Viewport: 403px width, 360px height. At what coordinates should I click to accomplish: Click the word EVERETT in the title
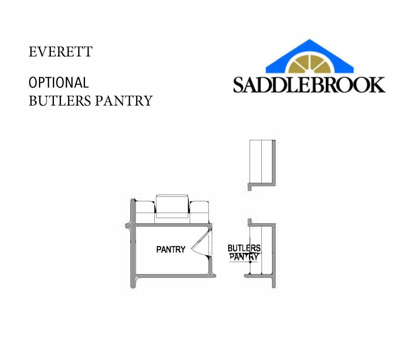(x=60, y=52)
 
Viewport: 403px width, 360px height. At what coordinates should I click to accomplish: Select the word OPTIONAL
(x=59, y=83)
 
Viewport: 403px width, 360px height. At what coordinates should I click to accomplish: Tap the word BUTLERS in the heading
(x=60, y=100)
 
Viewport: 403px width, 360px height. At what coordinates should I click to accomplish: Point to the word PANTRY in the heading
(x=124, y=100)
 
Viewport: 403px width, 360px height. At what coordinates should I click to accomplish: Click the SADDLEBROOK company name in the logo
(x=309, y=85)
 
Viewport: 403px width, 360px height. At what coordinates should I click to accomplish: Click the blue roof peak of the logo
(x=310, y=56)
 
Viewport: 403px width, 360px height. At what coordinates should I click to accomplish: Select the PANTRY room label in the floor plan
(x=171, y=249)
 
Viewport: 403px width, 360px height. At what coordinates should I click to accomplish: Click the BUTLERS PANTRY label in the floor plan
(x=244, y=252)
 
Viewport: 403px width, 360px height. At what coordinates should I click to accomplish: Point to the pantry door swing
(x=202, y=243)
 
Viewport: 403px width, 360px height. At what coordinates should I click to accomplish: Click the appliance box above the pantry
(x=172, y=206)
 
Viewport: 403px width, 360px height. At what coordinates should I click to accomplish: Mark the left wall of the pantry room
(x=133, y=243)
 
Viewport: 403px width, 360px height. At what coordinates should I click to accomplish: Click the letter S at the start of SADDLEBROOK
(x=240, y=85)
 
